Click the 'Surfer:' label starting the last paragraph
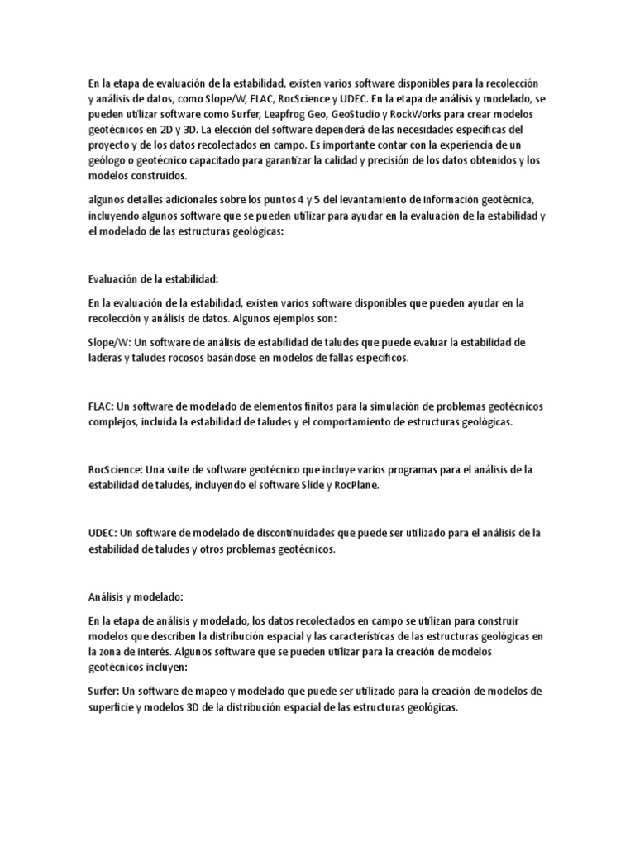[106, 691]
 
